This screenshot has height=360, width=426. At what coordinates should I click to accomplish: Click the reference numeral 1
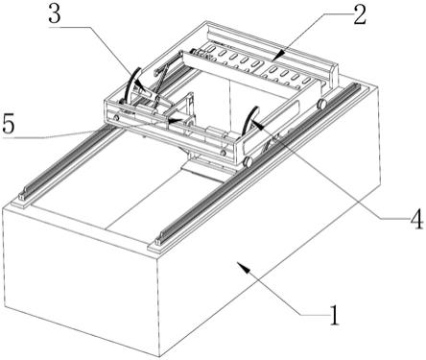click(334, 315)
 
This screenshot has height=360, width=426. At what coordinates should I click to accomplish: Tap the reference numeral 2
click(359, 14)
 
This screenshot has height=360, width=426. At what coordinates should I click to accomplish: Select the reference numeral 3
click(55, 13)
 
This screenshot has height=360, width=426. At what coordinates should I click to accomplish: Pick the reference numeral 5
click(9, 124)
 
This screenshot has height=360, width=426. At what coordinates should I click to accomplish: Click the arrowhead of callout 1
click(243, 268)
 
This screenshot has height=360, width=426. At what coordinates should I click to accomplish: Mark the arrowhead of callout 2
click(276, 55)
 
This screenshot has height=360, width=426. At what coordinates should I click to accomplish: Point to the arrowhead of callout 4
click(257, 124)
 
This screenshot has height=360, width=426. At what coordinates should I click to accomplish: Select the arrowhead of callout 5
click(175, 121)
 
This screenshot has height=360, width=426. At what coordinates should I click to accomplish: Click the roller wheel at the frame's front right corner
click(248, 161)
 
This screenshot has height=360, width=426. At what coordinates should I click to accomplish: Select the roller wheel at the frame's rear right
click(321, 104)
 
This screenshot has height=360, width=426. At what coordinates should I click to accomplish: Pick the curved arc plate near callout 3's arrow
click(131, 84)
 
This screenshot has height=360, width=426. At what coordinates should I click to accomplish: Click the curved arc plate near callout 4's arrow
click(250, 121)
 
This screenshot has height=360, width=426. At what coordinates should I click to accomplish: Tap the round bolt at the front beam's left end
click(116, 118)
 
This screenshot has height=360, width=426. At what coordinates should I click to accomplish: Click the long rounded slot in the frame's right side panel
click(272, 127)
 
